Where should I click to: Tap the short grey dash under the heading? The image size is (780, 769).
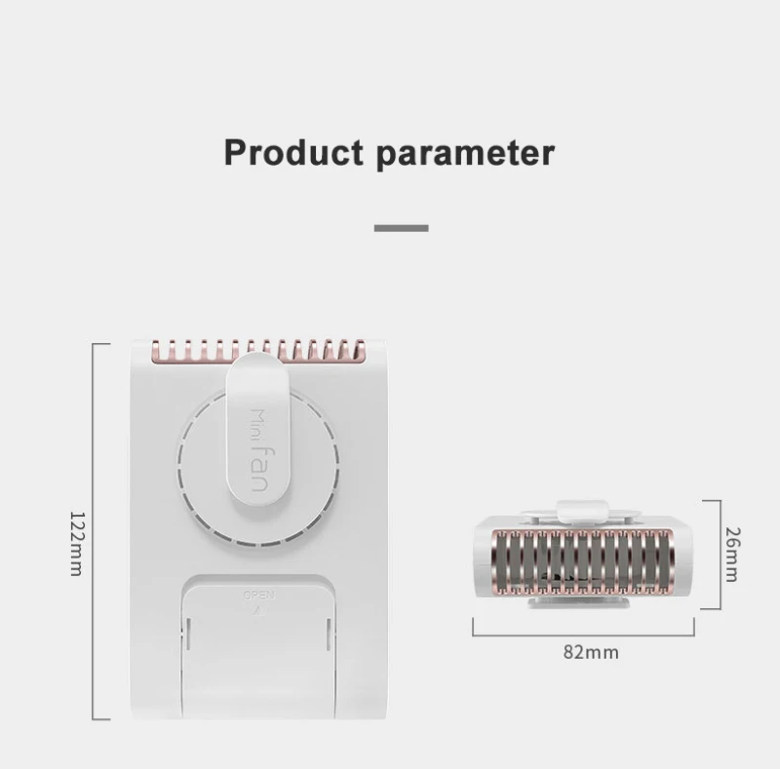(x=402, y=228)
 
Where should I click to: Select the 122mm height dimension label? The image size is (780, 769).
(x=74, y=542)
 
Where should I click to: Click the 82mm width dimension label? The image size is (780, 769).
(x=591, y=652)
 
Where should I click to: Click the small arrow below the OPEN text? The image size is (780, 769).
(x=257, y=607)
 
